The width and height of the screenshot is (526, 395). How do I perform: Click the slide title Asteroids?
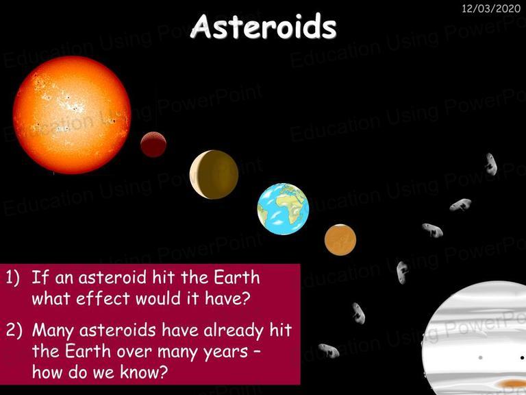click(x=263, y=27)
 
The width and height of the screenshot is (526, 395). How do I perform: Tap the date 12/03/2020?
click(x=491, y=8)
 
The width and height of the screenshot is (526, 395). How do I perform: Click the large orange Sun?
click(x=72, y=115)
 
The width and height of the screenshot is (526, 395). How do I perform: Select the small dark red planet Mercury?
click(x=153, y=145)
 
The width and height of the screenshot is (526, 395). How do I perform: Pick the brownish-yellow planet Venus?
click(x=214, y=174)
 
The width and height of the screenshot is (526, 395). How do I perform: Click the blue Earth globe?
click(x=283, y=209)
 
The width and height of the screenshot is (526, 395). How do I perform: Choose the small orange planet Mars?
click(x=340, y=240)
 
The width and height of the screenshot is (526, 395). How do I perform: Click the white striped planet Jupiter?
click(x=474, y=338)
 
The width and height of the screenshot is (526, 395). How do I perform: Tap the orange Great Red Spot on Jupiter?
click(x=512, y=383)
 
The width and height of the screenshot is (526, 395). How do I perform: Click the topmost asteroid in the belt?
click(x=491, y=164)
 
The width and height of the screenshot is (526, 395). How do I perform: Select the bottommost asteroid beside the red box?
click(x=329, y=350)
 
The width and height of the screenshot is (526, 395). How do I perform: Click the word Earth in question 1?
click(x=237, y=278)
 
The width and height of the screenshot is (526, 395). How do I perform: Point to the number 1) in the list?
click(x=14, y=278)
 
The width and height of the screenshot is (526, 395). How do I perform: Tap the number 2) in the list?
click(x=14, y=330)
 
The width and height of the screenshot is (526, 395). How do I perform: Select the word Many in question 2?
click(x=53, y=331)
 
